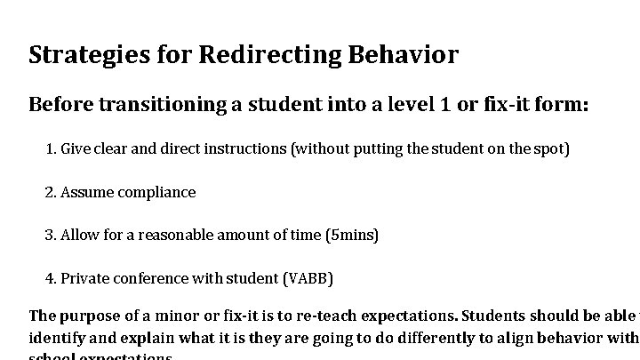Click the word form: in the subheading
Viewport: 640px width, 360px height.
563,105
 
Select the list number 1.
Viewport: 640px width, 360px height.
50,148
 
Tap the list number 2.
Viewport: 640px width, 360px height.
50,192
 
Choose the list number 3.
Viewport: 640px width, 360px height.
50,236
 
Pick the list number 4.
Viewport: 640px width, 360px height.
50,279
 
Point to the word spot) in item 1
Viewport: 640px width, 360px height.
551,148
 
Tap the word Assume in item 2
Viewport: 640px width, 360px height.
84,192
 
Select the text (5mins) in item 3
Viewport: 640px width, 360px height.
352,236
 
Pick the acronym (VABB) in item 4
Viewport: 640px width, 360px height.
308,279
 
